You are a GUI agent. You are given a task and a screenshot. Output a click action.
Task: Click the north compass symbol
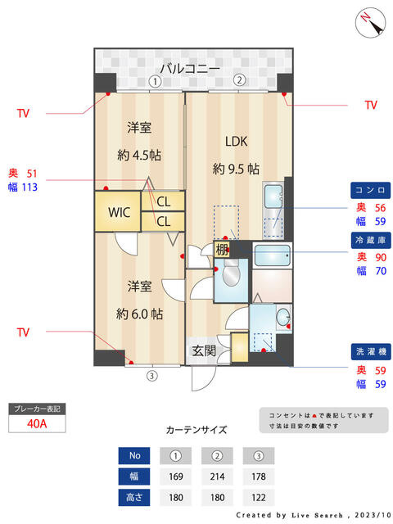pyautogui.click(x=370, y=23)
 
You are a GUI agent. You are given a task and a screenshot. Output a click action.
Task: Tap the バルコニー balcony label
pyautogui.click(x=190, y=69)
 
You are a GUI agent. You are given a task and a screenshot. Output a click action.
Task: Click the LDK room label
pyautogui.click(x=237, y=142)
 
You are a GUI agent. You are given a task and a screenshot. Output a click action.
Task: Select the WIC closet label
pyautogui.click(x=119, y=212)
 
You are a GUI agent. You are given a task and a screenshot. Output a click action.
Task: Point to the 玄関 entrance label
pyautogui.click(x=204, y=350)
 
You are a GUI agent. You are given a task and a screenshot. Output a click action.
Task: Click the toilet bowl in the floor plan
pyautogui.click(x=231, y=273)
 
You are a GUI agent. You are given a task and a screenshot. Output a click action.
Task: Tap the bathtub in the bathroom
pyautogui.click(x=272, y=255)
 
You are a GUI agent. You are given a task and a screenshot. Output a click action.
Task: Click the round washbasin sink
pyautogui.click(x=283, y=317)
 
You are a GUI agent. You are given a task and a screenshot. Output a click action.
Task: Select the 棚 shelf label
pyautogui.click(x=221, y=249)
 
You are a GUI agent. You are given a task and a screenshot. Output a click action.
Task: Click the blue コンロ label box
pyautogui.click(x=370, y=190)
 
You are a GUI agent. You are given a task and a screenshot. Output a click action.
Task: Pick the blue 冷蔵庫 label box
pyautogui.click(x=371, y=240)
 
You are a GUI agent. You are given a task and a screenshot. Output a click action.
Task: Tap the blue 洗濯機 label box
pyautogui.click(x=371, y=351)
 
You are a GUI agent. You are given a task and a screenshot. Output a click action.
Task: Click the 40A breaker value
pyautogui.click(x=37, y=424)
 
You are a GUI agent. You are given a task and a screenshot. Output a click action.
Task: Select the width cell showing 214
pyautogui.click(x=217, y=477)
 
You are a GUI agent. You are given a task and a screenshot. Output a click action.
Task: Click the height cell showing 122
pyautogui.click(x=259, y=498)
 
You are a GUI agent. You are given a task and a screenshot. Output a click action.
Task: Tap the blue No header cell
pyautogui.click(x=134, y=455)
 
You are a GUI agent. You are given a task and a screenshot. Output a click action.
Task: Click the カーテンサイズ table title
pyautogui.click(x=196, y=430)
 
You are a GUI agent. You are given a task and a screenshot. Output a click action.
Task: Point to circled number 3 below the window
pyautogui.click(x=151, y=376)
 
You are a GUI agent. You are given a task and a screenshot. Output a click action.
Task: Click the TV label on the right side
pyautogui.click(x=371, y=105)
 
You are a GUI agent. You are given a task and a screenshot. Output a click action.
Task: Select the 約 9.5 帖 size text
pyautogui.click(x=236, y=169)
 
